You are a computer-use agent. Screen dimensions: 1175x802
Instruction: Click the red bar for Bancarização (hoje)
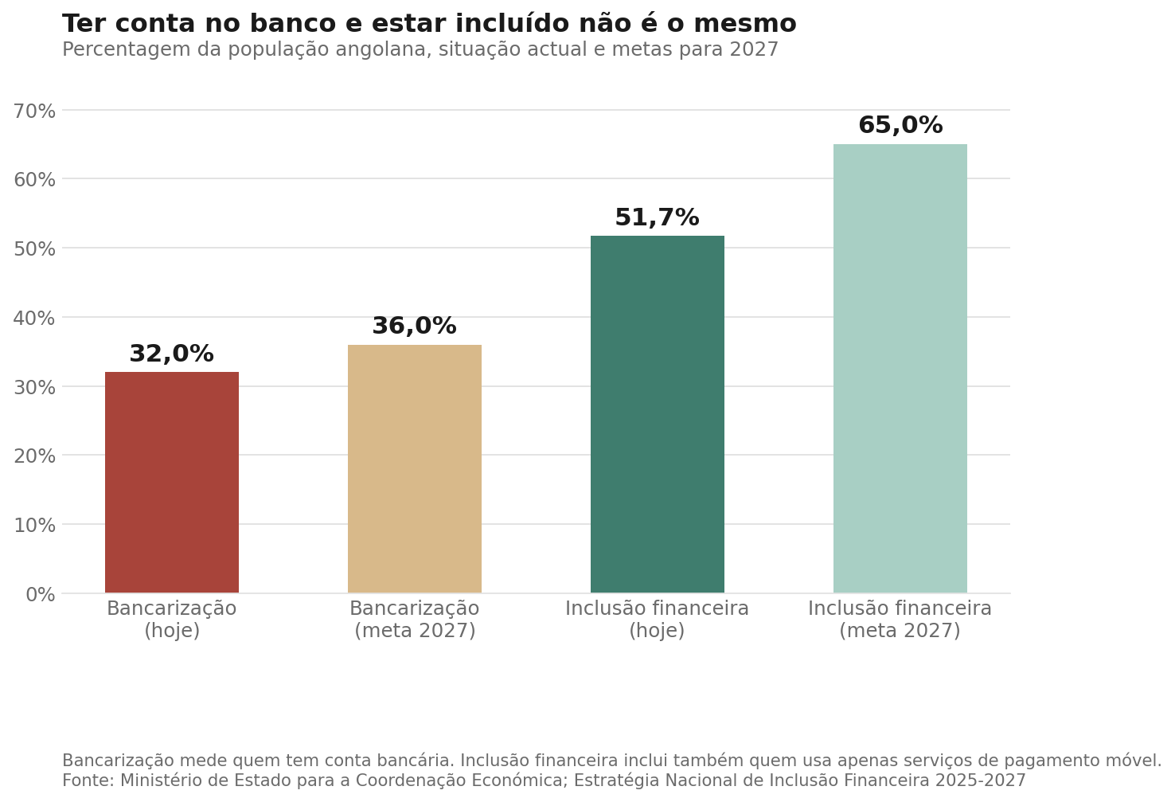tap(171, 483)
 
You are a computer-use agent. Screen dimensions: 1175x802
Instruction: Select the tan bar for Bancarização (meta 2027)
tap(415, 469)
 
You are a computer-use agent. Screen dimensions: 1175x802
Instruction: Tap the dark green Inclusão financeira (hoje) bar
tap(658, 414)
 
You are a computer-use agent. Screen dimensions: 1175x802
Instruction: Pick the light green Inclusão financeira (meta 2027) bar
tap(900, 369)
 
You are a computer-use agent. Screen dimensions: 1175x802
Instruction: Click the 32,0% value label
tap(171, 354)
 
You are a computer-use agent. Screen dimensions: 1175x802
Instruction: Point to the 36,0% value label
tap(415, 326)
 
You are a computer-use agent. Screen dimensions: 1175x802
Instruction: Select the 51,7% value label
tap(658, 217)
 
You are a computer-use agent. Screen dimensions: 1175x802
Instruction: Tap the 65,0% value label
tap(900, 126)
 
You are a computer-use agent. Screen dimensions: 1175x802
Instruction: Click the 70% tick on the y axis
tap(34, 111)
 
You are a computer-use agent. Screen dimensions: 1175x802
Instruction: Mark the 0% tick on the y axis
tap(41, 595)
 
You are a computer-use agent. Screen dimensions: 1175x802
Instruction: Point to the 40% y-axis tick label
tap(34, 318)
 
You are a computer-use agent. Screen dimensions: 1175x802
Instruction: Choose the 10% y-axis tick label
tap(34, 526)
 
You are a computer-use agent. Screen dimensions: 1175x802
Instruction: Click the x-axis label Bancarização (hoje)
tap(171, 620)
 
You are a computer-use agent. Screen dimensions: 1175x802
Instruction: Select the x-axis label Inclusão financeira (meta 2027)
tap(900, 620)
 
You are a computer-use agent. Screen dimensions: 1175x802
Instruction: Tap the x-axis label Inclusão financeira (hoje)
tap(658, 620)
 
